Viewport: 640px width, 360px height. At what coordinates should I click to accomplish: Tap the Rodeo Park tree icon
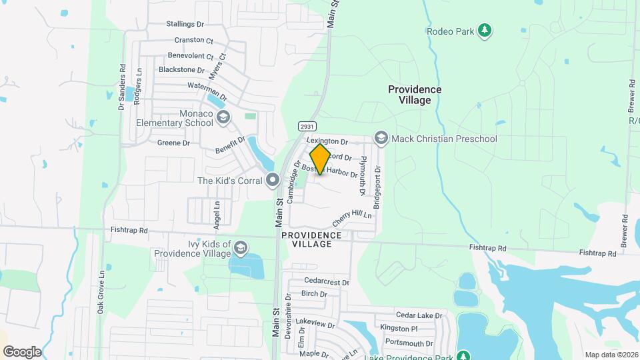(x=486, y=30)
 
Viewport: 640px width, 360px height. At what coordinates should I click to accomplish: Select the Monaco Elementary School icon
(x=223, y=118)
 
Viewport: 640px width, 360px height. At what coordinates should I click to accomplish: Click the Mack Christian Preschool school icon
(x=381, y=138)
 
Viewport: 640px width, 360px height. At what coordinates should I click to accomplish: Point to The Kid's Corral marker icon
(x=272, y=180)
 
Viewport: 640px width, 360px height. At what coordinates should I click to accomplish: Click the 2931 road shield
(x=307, y=127)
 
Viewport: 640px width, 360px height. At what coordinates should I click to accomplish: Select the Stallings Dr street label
(x=185, y=24)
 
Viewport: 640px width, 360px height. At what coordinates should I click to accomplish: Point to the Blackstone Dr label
(x=181, y=69)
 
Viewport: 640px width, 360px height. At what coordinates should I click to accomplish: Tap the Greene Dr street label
(x=173, y=143)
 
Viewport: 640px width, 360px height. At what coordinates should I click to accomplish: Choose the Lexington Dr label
(x=327, y=141)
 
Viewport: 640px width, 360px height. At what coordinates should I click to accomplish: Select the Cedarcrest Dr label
(x=327, y=281)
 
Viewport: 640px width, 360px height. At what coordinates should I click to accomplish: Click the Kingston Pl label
(x=399, y=329)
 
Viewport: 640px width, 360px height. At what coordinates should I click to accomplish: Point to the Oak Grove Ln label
(x=101, y=291)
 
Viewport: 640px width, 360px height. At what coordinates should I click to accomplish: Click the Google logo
(x=22, y=351)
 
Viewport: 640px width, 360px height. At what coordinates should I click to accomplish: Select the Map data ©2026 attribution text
(x=611, y=354)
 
